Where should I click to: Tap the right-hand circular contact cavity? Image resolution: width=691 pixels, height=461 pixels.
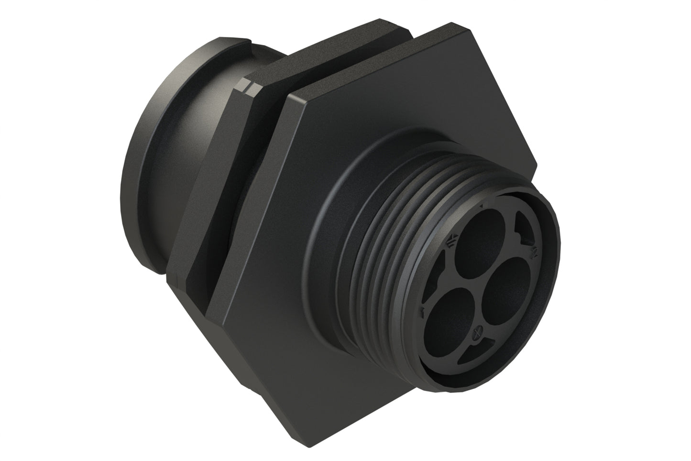[x=507, y=288]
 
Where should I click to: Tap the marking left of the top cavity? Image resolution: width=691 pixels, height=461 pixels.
[x=450, y=243]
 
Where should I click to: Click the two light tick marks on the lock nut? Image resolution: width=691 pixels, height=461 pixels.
[x=249, y=88]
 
